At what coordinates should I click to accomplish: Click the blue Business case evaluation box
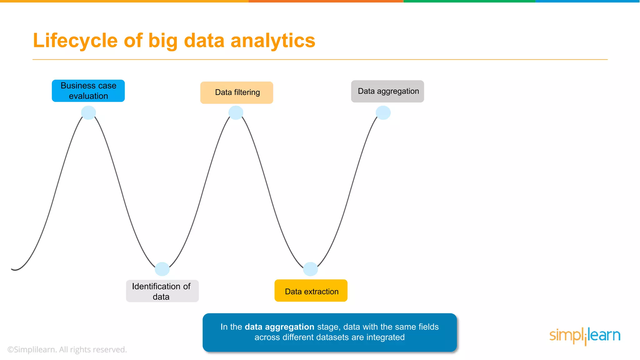(x=88, y=91)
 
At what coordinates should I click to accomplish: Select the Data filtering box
(x=237, y=92)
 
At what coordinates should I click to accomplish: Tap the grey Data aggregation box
(x=387, y=91)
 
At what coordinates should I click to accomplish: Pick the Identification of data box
(x=162, y=291)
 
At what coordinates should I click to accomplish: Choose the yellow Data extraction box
(x=311, y=291)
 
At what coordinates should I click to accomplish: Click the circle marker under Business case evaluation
(x=88, y=112)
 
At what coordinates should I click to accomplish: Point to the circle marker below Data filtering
(x=236, y=112)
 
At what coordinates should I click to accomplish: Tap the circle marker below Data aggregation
(x=383, y=112)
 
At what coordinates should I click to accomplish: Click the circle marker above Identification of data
(x=162, y=269)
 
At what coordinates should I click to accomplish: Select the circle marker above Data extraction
(x=311, y=269)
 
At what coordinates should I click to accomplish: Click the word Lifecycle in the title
(x=75, y=41)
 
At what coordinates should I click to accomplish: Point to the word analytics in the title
(x=273, y=41)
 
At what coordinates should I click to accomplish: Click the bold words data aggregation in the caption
(x=279, y=327)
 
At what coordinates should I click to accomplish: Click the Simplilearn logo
(x=585, y=336)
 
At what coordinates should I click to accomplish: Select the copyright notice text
(x=67, y=349)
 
